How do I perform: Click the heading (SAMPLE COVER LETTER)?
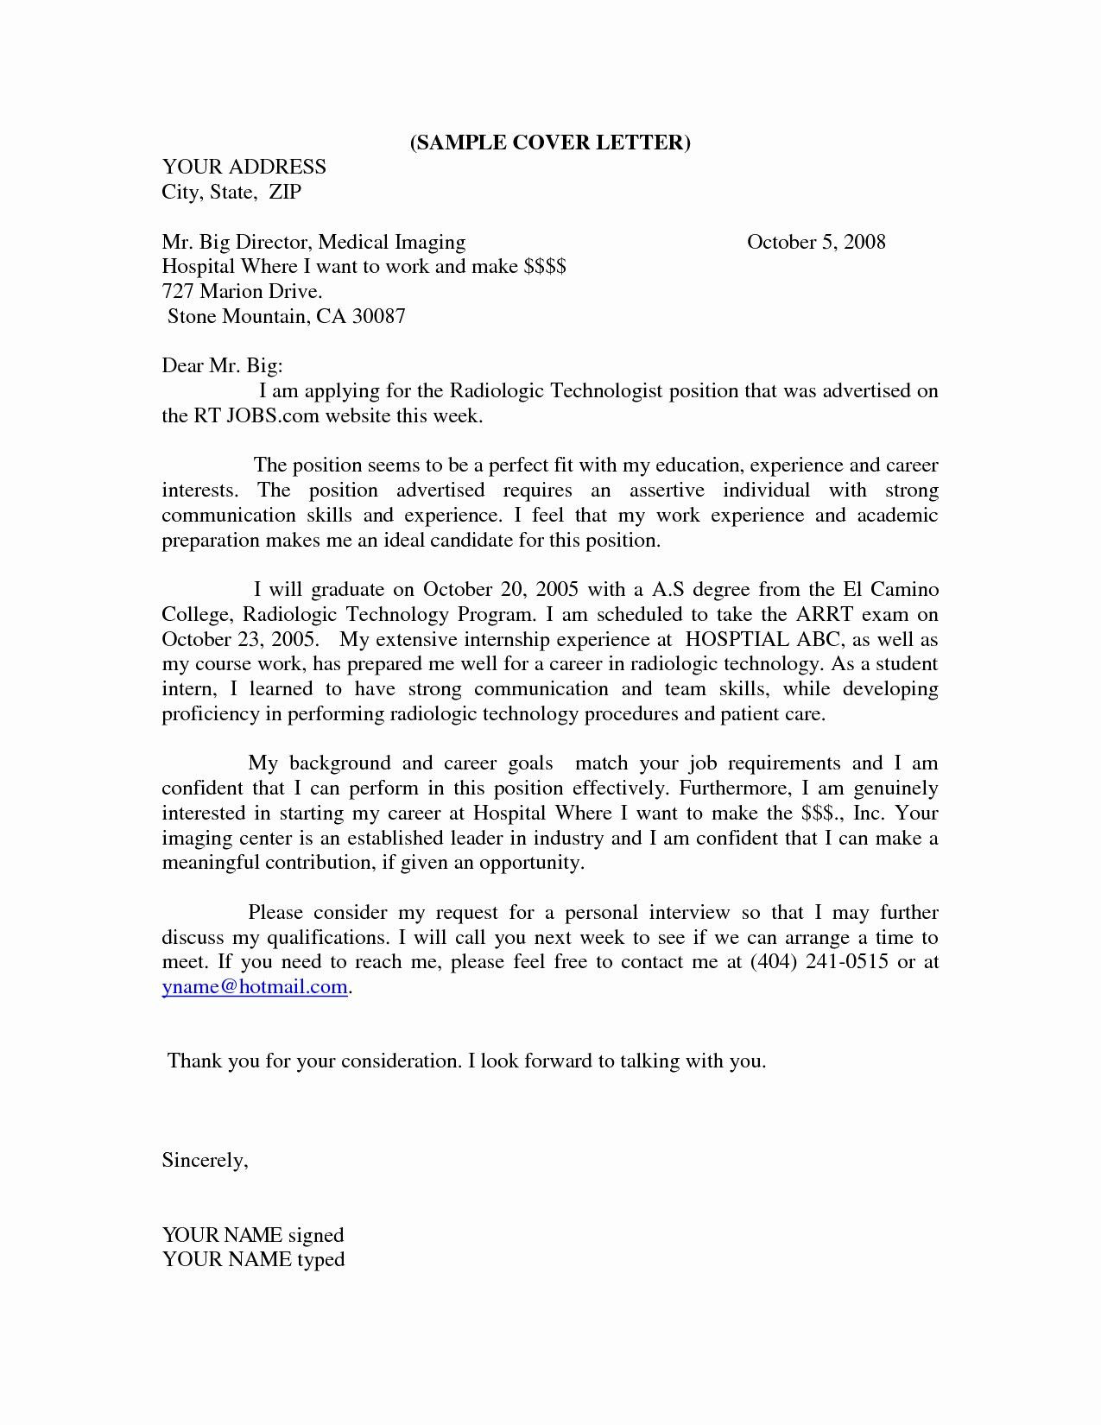(550, 143)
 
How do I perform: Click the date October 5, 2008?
(816, 242)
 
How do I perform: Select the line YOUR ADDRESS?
(244, 167)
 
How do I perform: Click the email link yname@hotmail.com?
(256, 987)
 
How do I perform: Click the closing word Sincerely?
(206, 1161)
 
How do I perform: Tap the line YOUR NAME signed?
(253, 1236)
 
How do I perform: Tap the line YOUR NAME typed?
(253, 1260)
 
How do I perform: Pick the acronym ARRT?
(832, 615)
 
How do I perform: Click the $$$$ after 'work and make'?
(545, 267)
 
